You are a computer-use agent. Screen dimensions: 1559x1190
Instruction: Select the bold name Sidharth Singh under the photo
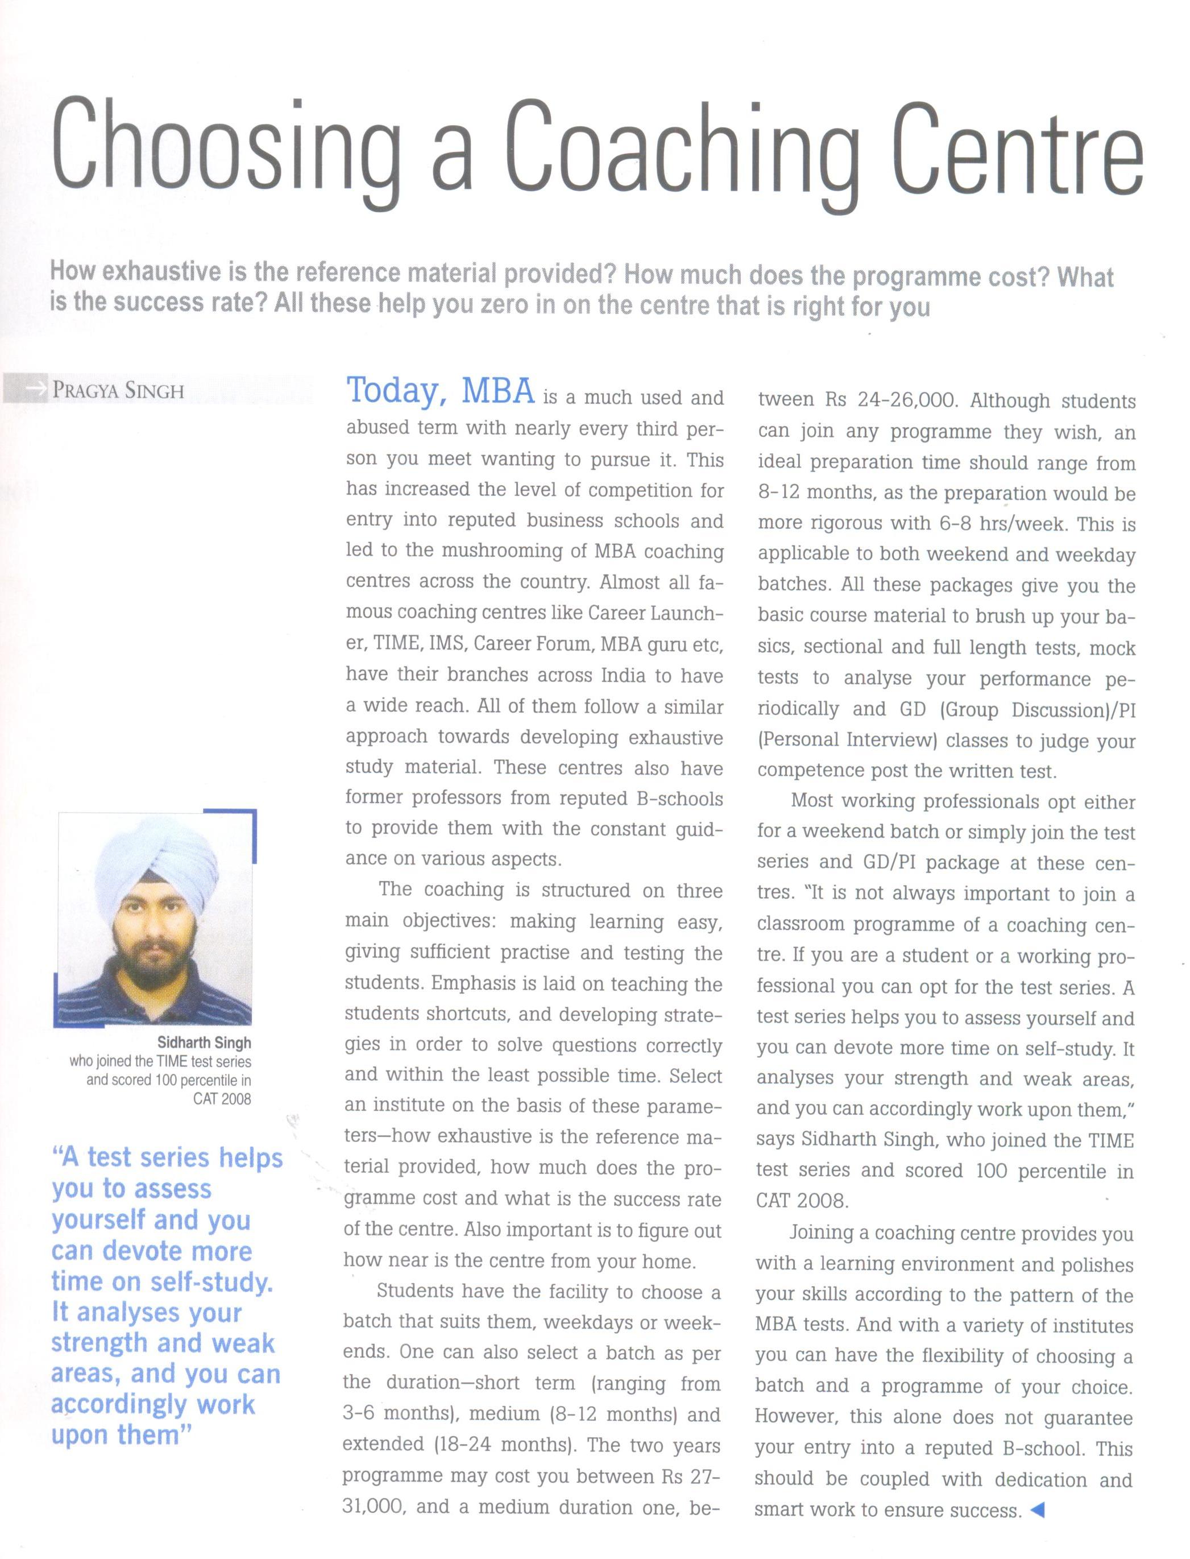(x=204, y=1043)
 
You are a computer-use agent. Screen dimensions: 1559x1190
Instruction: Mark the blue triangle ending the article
(x=1038, y=1510)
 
